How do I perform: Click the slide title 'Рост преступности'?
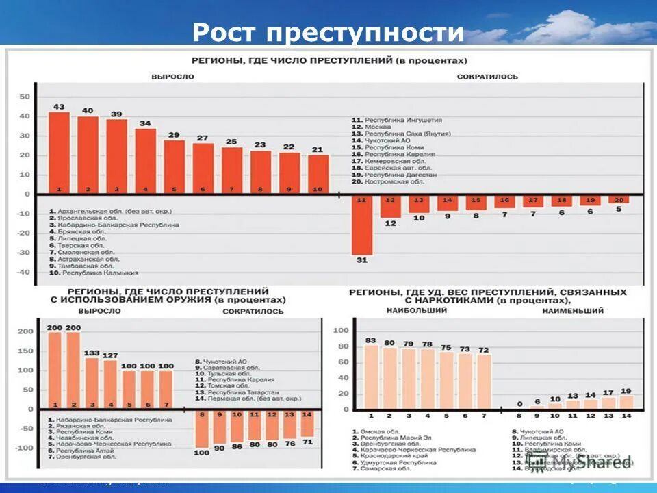pos(328,32)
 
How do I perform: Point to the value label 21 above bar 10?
pos(318,149)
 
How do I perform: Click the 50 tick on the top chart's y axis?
pos(25,97)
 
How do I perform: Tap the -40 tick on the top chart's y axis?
pos(23,273)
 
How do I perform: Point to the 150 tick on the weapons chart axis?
pos(25,351)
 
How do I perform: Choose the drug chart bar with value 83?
pos(371,377)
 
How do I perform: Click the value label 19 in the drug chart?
pos(626,391)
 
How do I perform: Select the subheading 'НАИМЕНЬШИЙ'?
pos(573,311)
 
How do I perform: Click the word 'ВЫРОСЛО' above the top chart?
pos(172,77)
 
